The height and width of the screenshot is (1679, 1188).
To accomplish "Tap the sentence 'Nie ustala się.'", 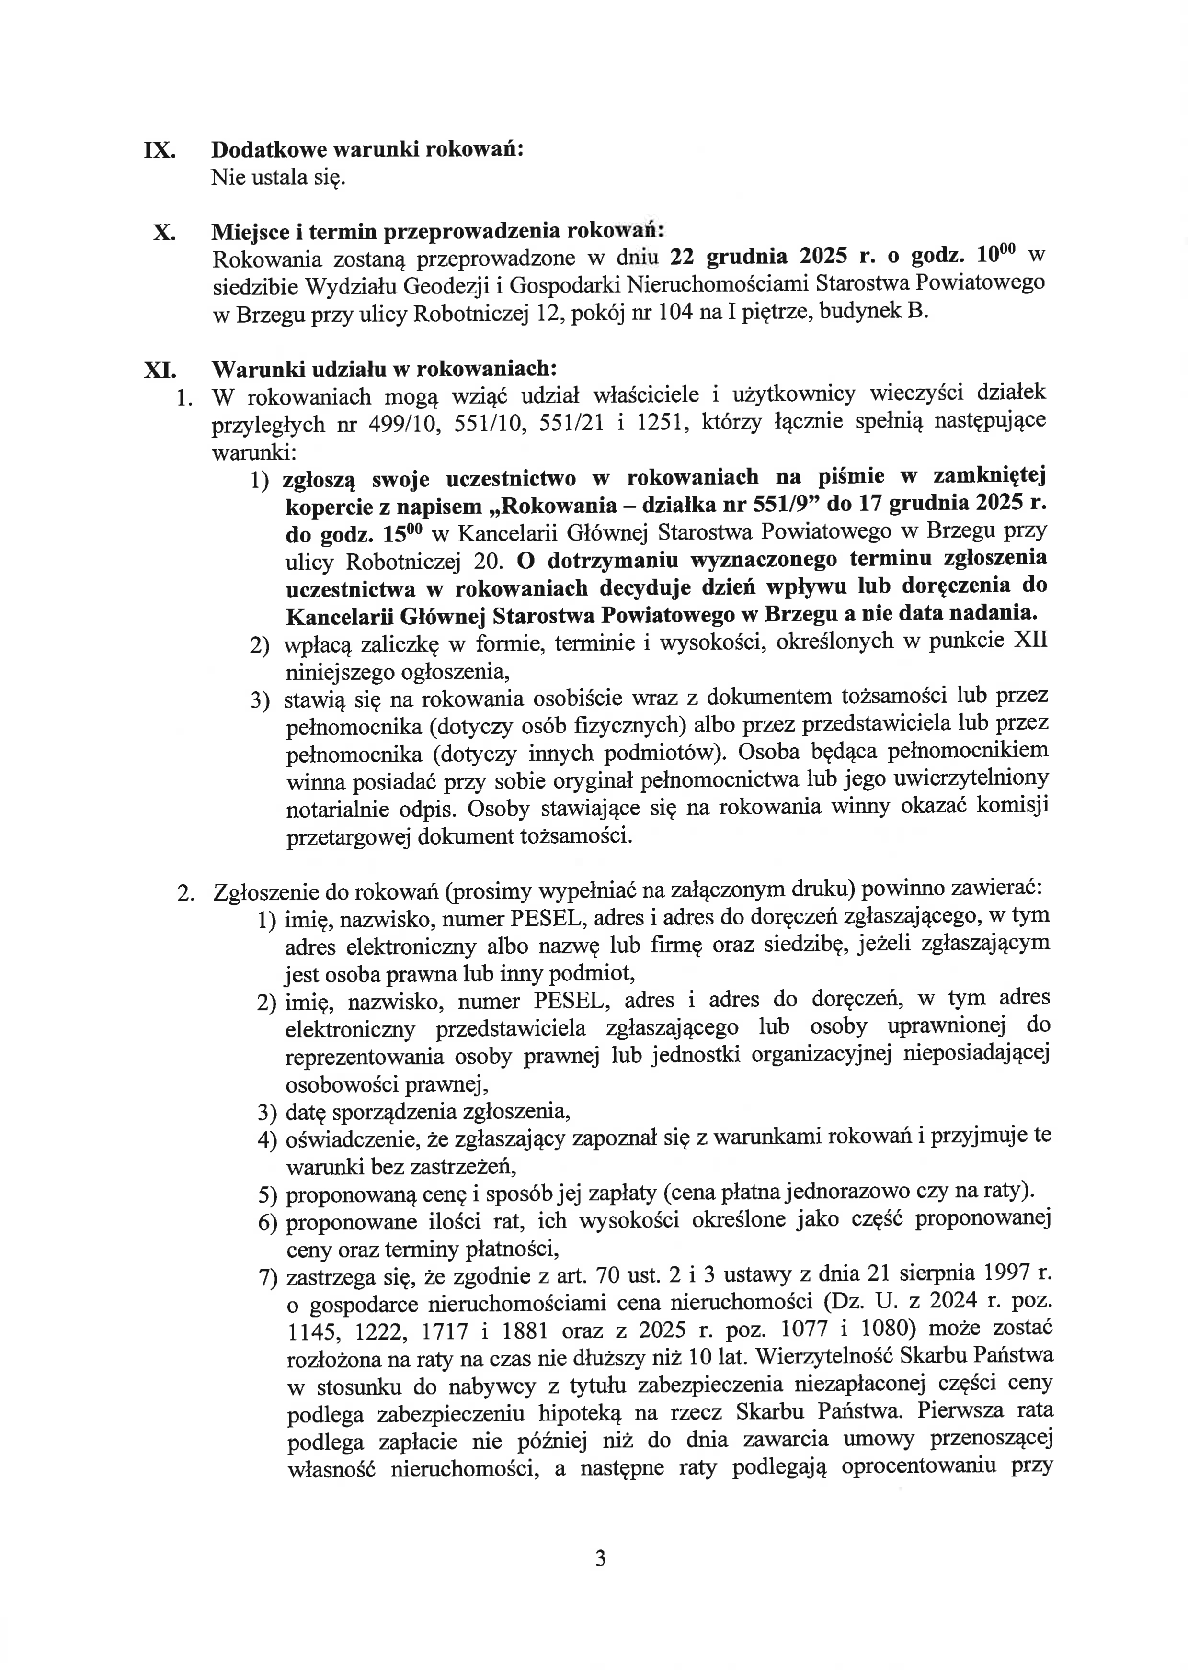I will click(x=278, y=178).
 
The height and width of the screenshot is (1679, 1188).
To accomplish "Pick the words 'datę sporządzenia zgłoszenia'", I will click(x=427, y=1112).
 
